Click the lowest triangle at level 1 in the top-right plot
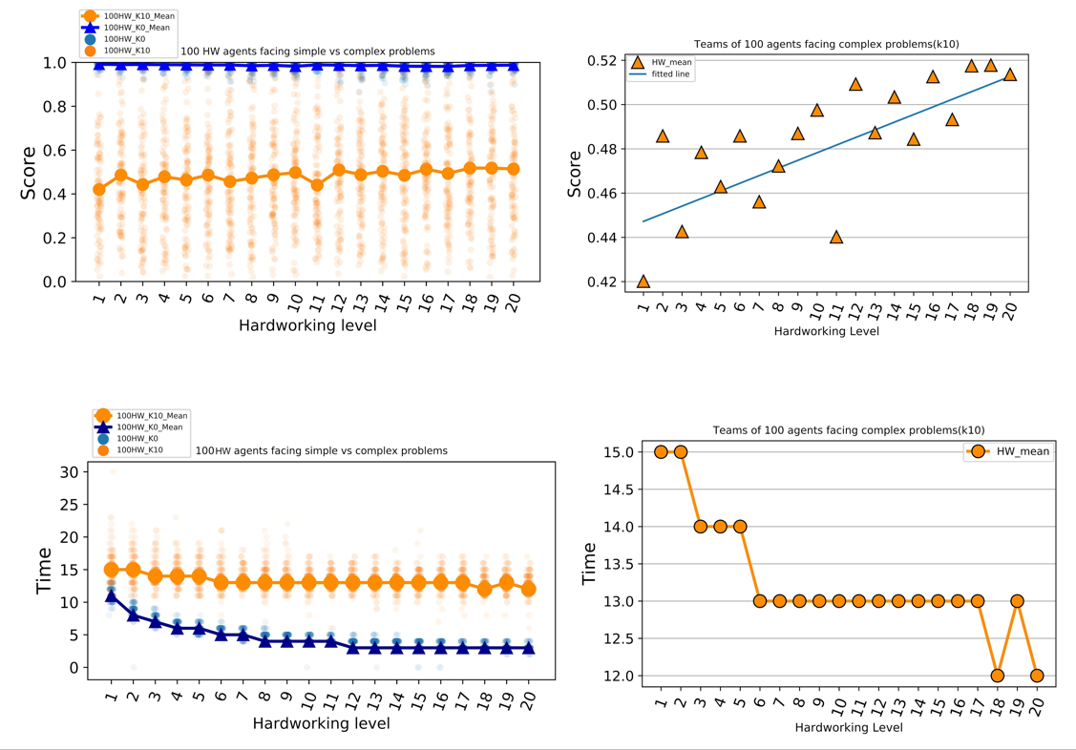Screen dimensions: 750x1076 click(x=643, y=281)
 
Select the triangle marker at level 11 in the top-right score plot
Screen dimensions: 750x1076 click(x=836, y=237)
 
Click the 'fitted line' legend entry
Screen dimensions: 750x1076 click(x=671, y=74)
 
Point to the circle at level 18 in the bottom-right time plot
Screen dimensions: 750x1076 click(x=997, y=676)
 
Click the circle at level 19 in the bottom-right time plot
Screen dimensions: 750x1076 click(x=1017, y=601)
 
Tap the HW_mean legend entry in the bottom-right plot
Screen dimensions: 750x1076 click(x=1010, y=452)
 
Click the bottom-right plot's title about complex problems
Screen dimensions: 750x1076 click(x=848, y=430)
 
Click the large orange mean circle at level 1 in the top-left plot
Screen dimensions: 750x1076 click(x=99, y=189)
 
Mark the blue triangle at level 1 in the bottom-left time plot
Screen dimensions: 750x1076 click(x=111, y=595)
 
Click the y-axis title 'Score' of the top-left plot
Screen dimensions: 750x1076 click(x=29, y=172)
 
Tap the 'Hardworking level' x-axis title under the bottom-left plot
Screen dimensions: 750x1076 click(x=321, y=723)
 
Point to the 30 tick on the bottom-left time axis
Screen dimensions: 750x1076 click(x=68, y=471)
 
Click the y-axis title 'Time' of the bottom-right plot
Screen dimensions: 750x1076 click(x=590, y=563)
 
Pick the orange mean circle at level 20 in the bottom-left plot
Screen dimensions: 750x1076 click(x=527, y=589)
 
